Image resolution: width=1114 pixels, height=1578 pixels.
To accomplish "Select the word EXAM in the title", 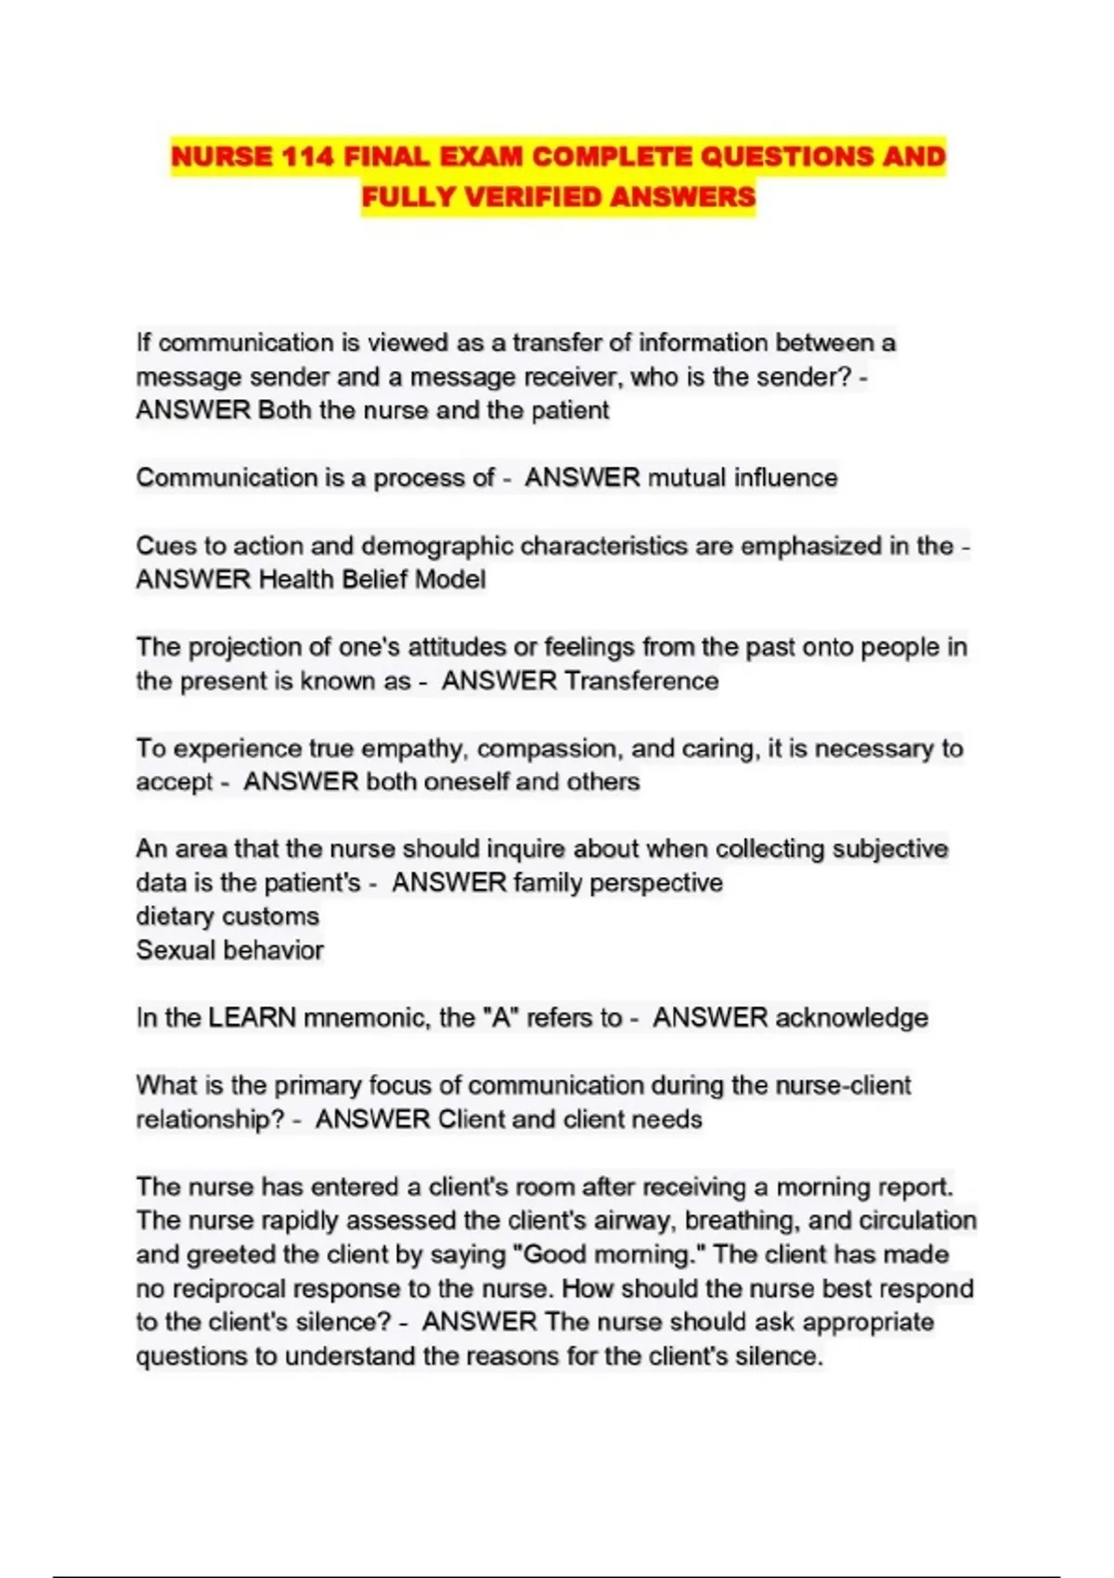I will pos(481,156).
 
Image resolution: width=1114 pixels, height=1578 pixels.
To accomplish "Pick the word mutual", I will pos(686,477).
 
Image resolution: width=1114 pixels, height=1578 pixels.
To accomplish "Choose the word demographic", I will pos(436,546).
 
